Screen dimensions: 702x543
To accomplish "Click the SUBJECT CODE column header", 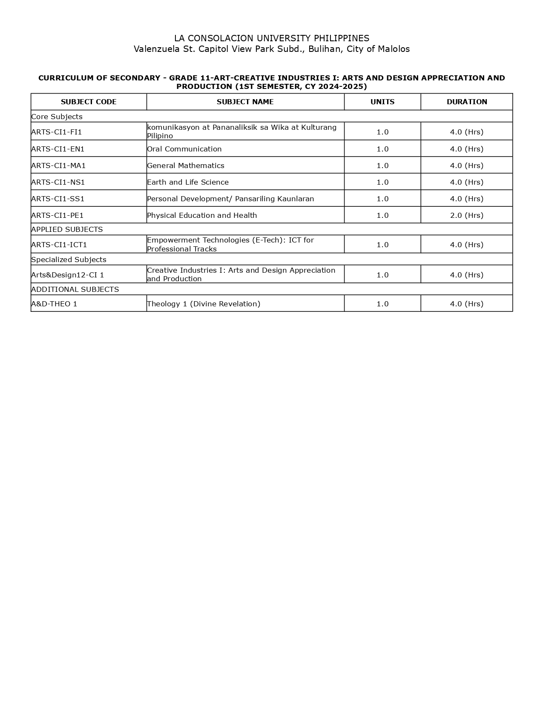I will [x=89, y=102].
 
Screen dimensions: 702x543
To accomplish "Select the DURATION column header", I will [x=467, y=102].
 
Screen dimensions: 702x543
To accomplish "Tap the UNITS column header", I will [x=382, y=102].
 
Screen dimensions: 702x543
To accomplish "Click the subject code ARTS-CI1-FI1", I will [x=57, y=132].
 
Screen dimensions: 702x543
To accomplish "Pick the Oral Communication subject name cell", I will [x=184, y=149].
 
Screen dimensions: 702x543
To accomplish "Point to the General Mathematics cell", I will [x=186, y=166].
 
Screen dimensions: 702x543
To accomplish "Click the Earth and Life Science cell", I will [x=188, y=182].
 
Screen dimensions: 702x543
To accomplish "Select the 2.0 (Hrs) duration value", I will [x=467, y=215].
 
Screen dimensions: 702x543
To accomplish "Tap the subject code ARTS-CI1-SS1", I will [x=58, y=199].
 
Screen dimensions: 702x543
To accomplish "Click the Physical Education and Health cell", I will [x=202, y=215].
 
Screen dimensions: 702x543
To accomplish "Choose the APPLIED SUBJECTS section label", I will [x=67, y=229].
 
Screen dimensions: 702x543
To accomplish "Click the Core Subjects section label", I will [x=57, y=117].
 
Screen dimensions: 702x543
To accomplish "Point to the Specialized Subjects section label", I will [x=69, y=260].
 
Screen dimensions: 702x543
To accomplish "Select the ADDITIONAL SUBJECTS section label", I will [x=75, y=289].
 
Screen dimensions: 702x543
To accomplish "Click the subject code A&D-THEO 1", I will [x=54, y=304].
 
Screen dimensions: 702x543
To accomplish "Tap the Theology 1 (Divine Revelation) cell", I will [x=204, y=304].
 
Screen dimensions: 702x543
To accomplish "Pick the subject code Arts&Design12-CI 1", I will [x=68, y=275].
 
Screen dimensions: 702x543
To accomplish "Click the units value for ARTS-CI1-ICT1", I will [x=382, y=245].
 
